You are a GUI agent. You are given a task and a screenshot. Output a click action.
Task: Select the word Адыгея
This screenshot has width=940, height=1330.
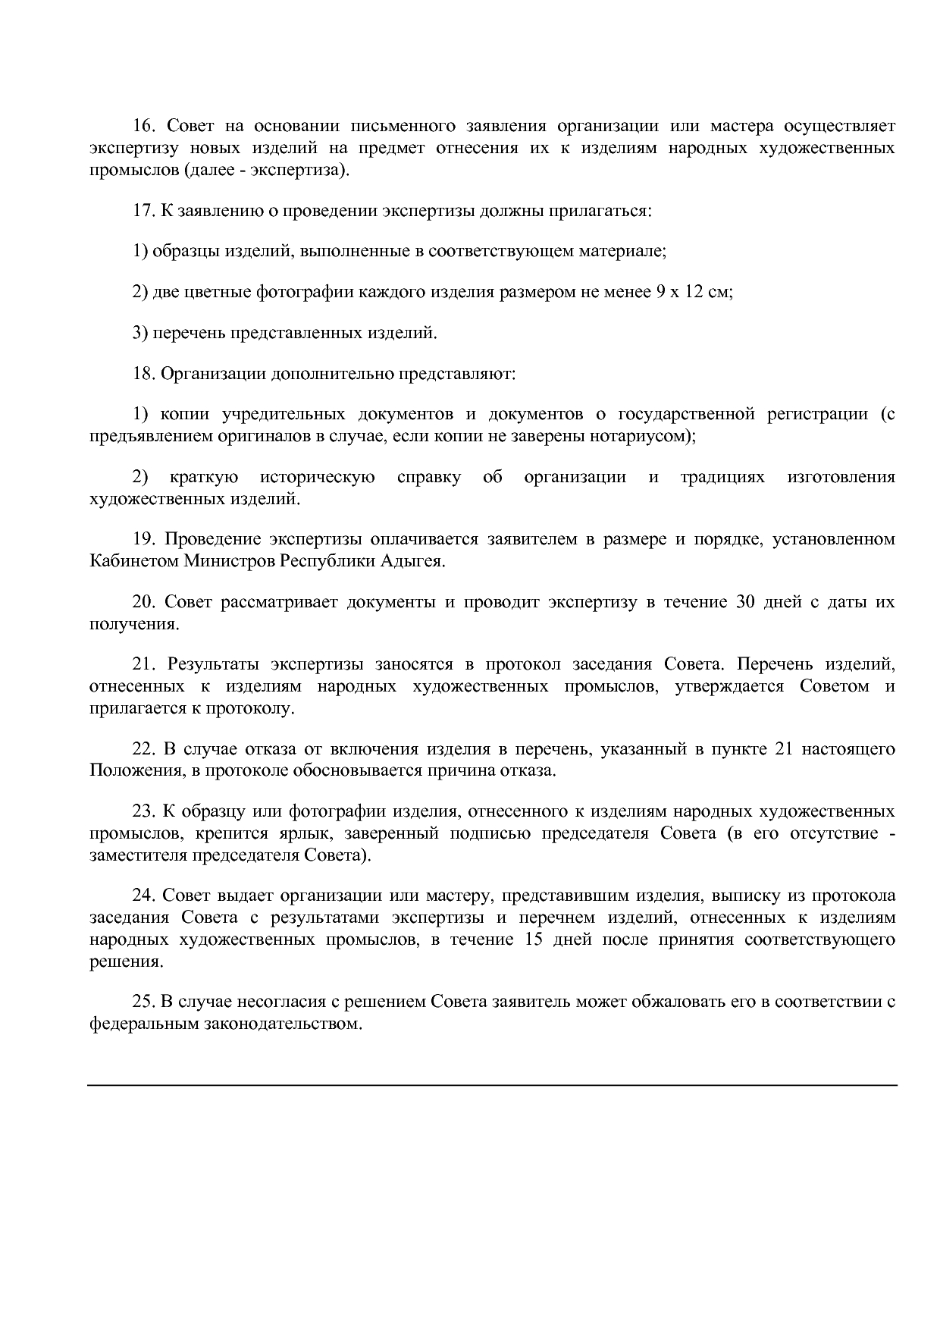coord(414,562)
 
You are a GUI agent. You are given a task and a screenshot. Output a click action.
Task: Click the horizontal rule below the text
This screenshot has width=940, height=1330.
coord(492,1085)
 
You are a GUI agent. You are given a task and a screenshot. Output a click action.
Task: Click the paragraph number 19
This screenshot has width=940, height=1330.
coord(144,540)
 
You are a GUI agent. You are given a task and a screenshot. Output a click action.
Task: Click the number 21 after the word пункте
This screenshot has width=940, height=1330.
coord(783,750)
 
